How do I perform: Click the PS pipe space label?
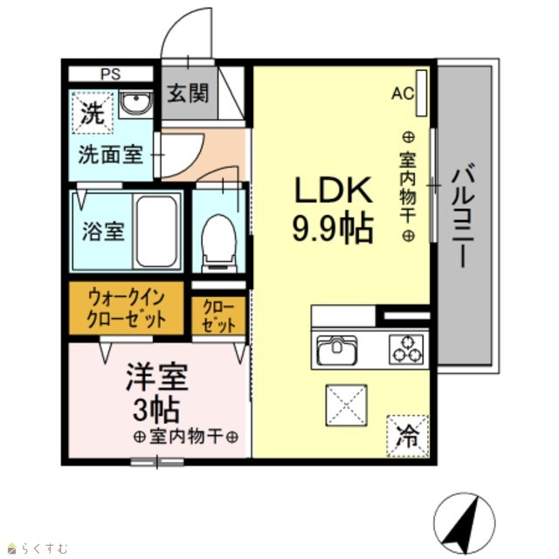coord(111,74)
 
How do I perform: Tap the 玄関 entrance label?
coord(188,93)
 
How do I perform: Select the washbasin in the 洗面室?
coord(135,104)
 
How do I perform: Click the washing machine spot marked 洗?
coord(93,113)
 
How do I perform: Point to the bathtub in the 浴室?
coord(156,231)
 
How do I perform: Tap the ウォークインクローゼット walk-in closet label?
coord(126,308)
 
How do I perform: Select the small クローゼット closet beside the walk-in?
coord(218,316)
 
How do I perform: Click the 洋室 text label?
coord(157,377)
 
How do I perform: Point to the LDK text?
coord(333,190)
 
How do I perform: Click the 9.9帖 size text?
coord(333,229)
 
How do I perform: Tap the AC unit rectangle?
coord(421,93)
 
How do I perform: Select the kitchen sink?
coord(337,349)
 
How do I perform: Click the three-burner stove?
coord(407,349)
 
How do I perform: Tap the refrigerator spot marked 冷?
coord(407,436)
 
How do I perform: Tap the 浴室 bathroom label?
coord(103,231)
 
